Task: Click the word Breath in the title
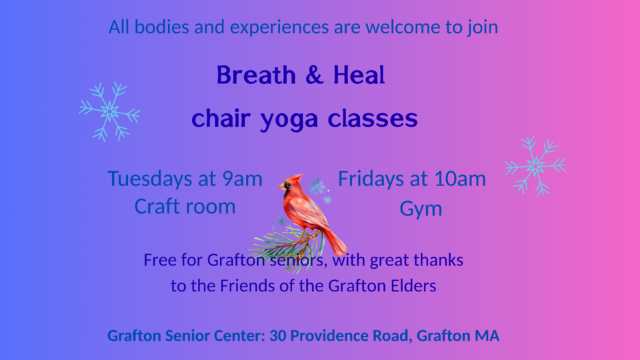256,75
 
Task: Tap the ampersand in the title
314,75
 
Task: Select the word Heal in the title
359,75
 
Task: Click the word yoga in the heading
289,120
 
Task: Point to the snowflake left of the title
110,111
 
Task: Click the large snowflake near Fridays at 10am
535,166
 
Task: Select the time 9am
242,179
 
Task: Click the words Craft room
185,207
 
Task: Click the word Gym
421,209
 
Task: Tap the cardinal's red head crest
295,179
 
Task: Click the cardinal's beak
281,187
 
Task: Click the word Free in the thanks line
159,261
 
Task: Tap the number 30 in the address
277,336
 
